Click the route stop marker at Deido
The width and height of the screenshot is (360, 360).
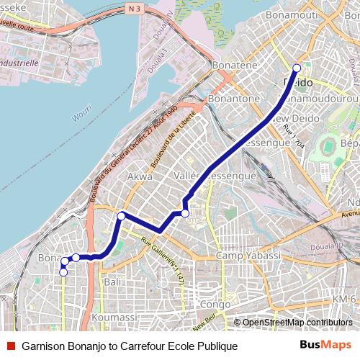(x=297, y=68)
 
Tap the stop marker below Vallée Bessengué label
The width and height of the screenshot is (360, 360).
(x=185, y=213)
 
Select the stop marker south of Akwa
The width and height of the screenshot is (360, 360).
(x=122, y=216)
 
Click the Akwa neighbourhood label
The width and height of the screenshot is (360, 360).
(x=139, y=176)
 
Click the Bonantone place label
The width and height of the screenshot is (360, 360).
(x=233, y=98)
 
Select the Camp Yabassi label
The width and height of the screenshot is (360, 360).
(x=248, y=256)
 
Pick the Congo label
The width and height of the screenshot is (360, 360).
(x=215, y=305)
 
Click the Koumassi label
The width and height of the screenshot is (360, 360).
(x=114, y=318)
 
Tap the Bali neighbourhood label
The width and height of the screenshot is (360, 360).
(x=112, y=283)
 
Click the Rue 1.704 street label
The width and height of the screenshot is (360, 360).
(x=295, y=136)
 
